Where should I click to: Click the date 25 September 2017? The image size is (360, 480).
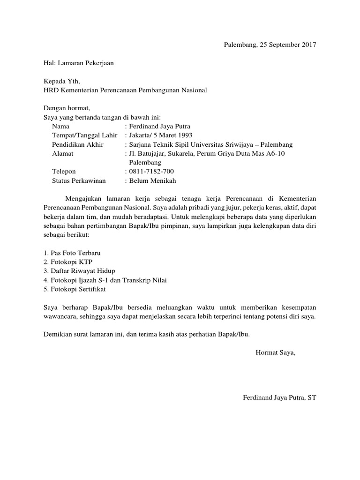(287, 45)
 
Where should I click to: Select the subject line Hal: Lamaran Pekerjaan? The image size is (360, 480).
(78, 62)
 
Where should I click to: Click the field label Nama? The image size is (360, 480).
(60, 127)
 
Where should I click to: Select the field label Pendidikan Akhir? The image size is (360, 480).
(78, 144)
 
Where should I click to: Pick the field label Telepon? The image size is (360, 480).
(64, 172)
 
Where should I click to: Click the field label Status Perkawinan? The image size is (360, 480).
(79, 180)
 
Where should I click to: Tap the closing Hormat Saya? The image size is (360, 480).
(276, 352)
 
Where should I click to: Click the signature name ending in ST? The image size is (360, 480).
(280, 397)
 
